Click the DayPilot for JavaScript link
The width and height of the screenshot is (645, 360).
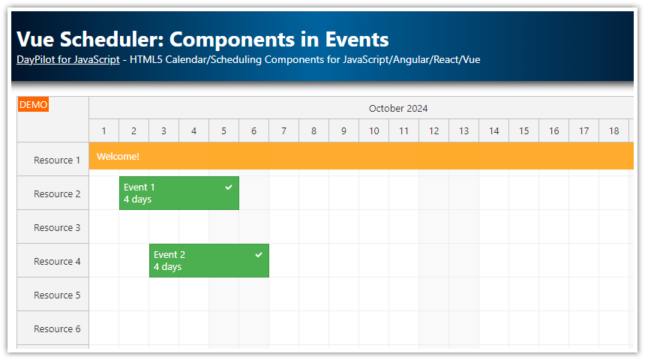pyautogui.click(x=67, y=59)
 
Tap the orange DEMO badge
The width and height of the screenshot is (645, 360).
pyautogui.click(x=33, y=105)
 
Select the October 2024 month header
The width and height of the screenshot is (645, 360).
pyautogui.click(x=397, y=108)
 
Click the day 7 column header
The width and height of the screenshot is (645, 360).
pyautogui.click(x=283, y=131)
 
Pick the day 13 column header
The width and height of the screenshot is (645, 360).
pyautogui.click(x=463, y=131)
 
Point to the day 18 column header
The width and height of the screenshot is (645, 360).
pyautogui.click(x=613, y=131)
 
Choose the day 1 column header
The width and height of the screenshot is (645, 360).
pyautogui.click(x=103, y=131)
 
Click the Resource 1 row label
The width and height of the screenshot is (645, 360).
pyautogui.click(x=57, y=160)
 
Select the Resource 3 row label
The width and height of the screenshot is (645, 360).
pyautogui.click(x=57, y=227)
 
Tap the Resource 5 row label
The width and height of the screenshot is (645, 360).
pyautogui.click(x=57, y=295)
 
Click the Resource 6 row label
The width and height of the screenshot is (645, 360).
pyautogui.click(x=57, y=328)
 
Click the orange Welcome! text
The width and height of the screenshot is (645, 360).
pyautogui.click(x=118, y=156)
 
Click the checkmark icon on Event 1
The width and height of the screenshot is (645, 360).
pyautogui.click(x=229, y=187)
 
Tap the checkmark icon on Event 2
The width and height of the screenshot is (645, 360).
pyautogui.click(x=259, y=254)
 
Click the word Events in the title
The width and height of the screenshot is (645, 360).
pyautogui.click(x=356, y=39)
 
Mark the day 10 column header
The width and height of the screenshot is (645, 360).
pyautogui.click(x=373, y=131)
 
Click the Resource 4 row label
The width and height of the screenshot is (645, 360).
pyautogui.click(x=57, y=261)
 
